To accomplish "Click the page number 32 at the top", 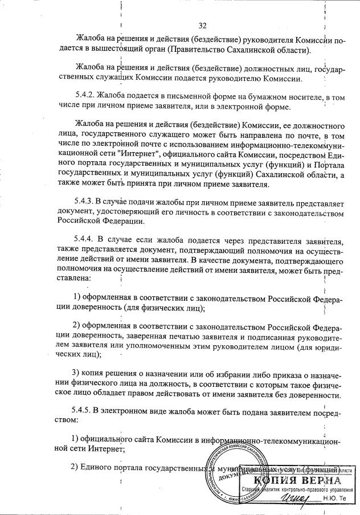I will point(202,25).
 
